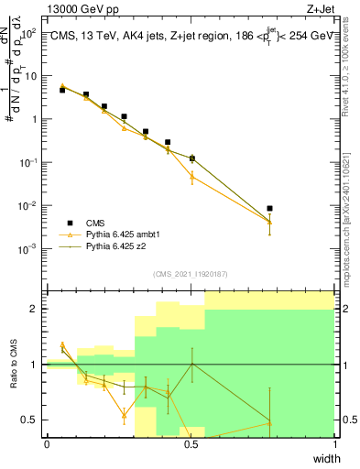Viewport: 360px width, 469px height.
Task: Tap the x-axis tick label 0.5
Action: click(191, 443)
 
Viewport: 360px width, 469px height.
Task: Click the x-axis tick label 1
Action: click(334, 443)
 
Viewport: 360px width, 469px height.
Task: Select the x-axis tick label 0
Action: click(47, 443)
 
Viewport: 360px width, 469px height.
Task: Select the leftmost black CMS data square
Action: click(62, 90)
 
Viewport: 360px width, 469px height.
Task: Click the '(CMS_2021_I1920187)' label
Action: click(191, 274)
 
